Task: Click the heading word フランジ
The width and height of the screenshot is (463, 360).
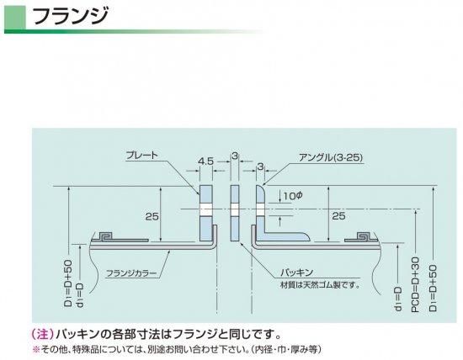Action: pyautogui.click(x=70, y=16)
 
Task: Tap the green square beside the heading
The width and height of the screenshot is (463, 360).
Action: pyautogui.click(x=15, y=18)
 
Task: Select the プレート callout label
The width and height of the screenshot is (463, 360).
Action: pyautogui.click(x=142, y=156)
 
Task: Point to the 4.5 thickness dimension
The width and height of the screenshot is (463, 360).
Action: pyautogui.click(x=205, y=161)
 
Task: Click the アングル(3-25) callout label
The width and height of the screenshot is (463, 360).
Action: pyautogui.click(x=331, y=157)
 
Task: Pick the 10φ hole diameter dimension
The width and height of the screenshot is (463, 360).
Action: pyautogui.click(x=293, y=195)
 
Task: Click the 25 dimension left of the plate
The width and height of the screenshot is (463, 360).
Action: pyautogui.click(x=152, y=217)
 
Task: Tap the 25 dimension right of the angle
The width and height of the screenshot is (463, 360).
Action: pyautogui.click(x=338, y=216)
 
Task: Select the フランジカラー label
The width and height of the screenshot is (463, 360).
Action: pyautogui.click(x=131, y=273)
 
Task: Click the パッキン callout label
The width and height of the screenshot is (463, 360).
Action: pyautogui.click(x=297, y=272)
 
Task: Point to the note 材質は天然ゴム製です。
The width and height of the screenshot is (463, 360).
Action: pyautogui.click(x=320, y=285)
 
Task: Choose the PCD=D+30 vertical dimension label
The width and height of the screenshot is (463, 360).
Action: pyautogui.click(x=416, y=284)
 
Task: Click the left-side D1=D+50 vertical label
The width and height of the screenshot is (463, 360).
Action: pyautogui.click(x=68, y=283)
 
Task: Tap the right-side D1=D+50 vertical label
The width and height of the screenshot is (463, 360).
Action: pyautogui.click(x=433, y=288)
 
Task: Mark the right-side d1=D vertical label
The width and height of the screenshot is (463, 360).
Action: pyautogui.click(x=398, y=299)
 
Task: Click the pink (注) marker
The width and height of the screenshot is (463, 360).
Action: pyautogui.click(x=43, y=334)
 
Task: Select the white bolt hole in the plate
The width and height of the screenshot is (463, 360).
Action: pyautogui.click(x=206, y=209)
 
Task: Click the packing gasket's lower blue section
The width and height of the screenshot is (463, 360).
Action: pyautogui.click(x=235, y=229)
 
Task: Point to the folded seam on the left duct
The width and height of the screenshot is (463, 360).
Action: pyautogui.click(x=105, y=236)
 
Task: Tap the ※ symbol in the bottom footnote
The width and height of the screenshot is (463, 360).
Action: pyautogui.click(x=36, y=350)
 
